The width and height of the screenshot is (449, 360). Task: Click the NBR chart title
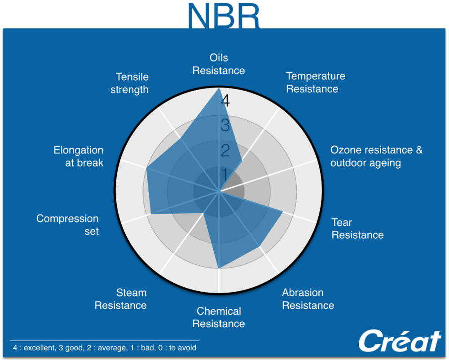click(x=224, y=16)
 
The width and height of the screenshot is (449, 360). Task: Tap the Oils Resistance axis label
click(x=219, y=64)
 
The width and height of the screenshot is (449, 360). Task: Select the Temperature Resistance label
click(x=316, y=83)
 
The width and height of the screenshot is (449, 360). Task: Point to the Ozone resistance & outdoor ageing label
click(x=376, y=156)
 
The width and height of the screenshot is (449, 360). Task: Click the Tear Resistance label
click(x=358, y=228)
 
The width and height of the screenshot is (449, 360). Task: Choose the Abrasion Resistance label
click(x=308, y=299)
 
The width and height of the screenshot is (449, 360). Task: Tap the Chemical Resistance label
click(x=219, y=317)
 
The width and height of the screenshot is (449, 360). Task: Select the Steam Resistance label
click(x=120, y=299)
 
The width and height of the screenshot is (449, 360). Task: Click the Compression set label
click(x=67, y=225)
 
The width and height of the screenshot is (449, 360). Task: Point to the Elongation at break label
click(x=79, y=156)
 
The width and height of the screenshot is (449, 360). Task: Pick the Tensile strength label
click(x=129, y=83)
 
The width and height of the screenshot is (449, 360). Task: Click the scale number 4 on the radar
click(x=225, y=101)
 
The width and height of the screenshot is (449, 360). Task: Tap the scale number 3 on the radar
click(x=225, y=125)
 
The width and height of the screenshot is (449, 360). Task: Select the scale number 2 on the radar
click(x=225, y=150)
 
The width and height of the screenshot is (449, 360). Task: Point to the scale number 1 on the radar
click(x=225, y=174)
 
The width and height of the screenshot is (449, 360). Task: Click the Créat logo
click(x=400, y=341)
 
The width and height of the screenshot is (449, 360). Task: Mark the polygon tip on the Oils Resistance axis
click(x=219, y=88)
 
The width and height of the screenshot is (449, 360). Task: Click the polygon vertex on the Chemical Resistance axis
click(x=219, y=268)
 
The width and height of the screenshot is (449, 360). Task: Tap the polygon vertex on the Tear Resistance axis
click(x=282, y=212)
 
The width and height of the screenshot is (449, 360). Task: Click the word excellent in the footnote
click(x=40, y=348)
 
